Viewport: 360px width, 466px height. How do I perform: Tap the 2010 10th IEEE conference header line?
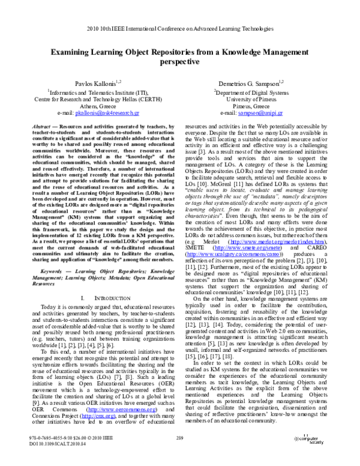coord(180,28)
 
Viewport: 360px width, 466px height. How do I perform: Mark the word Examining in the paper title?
coord(76,52)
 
